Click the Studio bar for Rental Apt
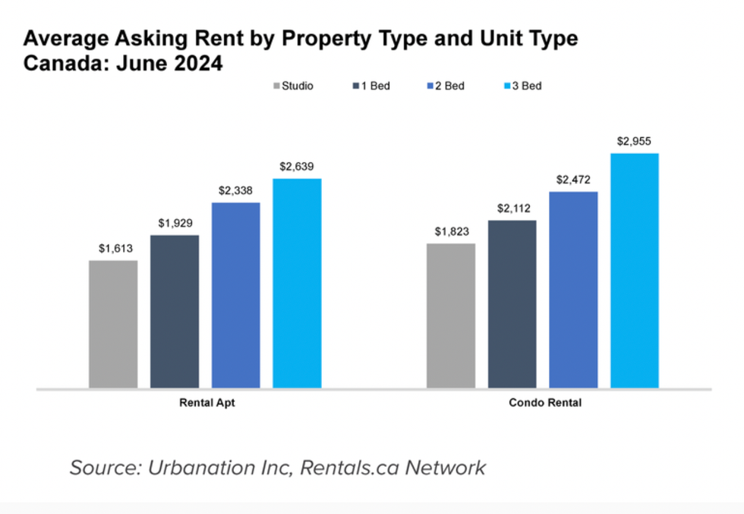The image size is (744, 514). click(113, 324)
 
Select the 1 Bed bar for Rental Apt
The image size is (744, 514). click(175, 312)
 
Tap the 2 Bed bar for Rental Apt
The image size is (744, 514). click(235, 296)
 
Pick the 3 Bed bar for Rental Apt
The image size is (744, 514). click(297, 284)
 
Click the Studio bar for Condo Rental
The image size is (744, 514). click(451, 316)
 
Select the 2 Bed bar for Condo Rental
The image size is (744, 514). click(573, 290)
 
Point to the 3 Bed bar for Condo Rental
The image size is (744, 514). click(635, 271)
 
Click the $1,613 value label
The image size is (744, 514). click(113, 248)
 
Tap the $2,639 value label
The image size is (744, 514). click(297, 166)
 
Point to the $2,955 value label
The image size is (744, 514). click(635, 141)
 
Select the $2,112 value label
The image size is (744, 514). click(512, 208)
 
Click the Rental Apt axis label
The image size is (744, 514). click(206, 403)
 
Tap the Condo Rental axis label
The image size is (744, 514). click(544, 403)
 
